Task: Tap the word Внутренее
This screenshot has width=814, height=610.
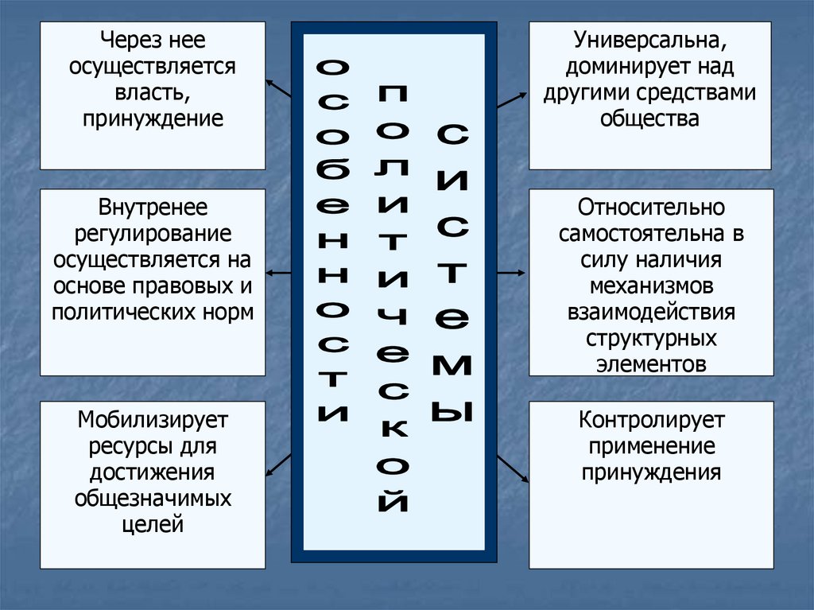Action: [x=153, y=208]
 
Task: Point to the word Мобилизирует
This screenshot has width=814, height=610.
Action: [x=153, y=419]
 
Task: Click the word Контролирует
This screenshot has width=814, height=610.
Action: [x=651, y=419]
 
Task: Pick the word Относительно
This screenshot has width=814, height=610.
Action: [x=651, y=208]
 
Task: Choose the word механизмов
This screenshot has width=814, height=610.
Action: [x=651, y=286]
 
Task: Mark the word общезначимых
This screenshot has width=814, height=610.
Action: [x=153, y=498]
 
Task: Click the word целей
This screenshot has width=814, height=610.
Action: [x=153, y=524]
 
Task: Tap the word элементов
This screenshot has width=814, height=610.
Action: [x=651, y=364]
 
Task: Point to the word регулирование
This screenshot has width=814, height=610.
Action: [x=153, y=235]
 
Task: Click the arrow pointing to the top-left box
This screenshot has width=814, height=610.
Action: [x=278, y=87]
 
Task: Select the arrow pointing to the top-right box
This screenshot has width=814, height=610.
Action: [x=512, y=99]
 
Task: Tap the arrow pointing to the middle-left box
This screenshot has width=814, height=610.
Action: [x=278, y=273]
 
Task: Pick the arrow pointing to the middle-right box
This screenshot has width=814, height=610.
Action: [x=512, y=273]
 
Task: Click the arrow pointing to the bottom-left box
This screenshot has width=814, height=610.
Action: [x=278, y=465]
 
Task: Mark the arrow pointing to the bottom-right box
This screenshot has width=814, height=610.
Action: [x=513, y=468]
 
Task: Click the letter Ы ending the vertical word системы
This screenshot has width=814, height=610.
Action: [x=452, y=411]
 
